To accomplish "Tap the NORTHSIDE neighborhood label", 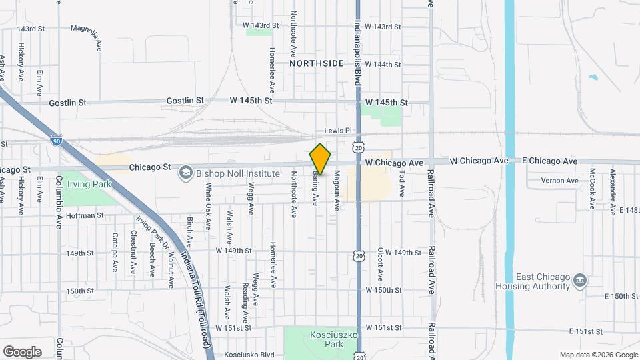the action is pos(317,63).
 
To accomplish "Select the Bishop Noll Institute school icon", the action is pos(185,173).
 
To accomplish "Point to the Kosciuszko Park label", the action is pos(326,339).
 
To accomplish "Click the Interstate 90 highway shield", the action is pos(57,141).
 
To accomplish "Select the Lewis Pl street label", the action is pos(337,131).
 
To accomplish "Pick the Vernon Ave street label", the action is pos(559,181).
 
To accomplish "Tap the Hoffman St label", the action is pos(85,215).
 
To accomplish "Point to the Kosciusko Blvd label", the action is pos(249,355).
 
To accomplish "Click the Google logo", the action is pos(22,352).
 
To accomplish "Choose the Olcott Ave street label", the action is pos(380,265).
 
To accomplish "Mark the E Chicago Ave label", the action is pos(551,161).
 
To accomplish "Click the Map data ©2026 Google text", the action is pos(597,355).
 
